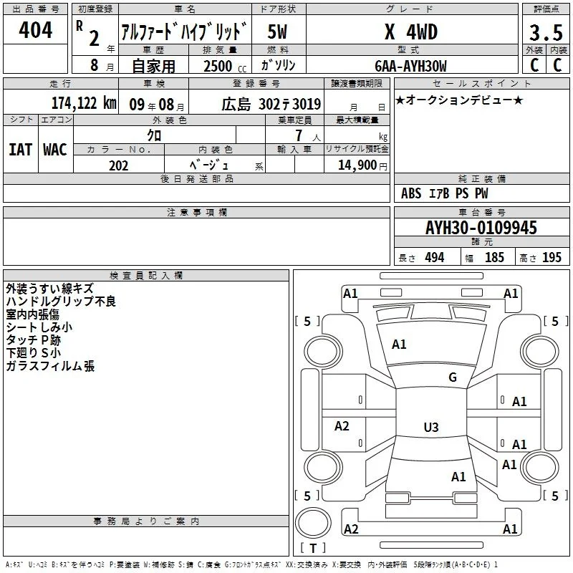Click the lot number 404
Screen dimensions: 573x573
pyautogui.click(x=35, y=29)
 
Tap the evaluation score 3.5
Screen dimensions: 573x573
pyautogui.click(x=546, y=32)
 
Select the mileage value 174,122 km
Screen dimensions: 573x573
pyautogui.click(x=84, y=103)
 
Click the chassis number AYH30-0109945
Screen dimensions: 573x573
pyautogui.click(x=481, y=228)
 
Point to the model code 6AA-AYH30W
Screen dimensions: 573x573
pyautogui.click(x=410, y=66)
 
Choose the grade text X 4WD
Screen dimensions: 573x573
pyautogui.click(x=411, y=32)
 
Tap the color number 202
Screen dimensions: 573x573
pyautogui.click(x=118, y=165)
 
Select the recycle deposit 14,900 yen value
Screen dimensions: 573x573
pyautogui.click(x=362, y=165)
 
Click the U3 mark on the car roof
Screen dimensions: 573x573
pyautogui.click(x=431, y=427)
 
